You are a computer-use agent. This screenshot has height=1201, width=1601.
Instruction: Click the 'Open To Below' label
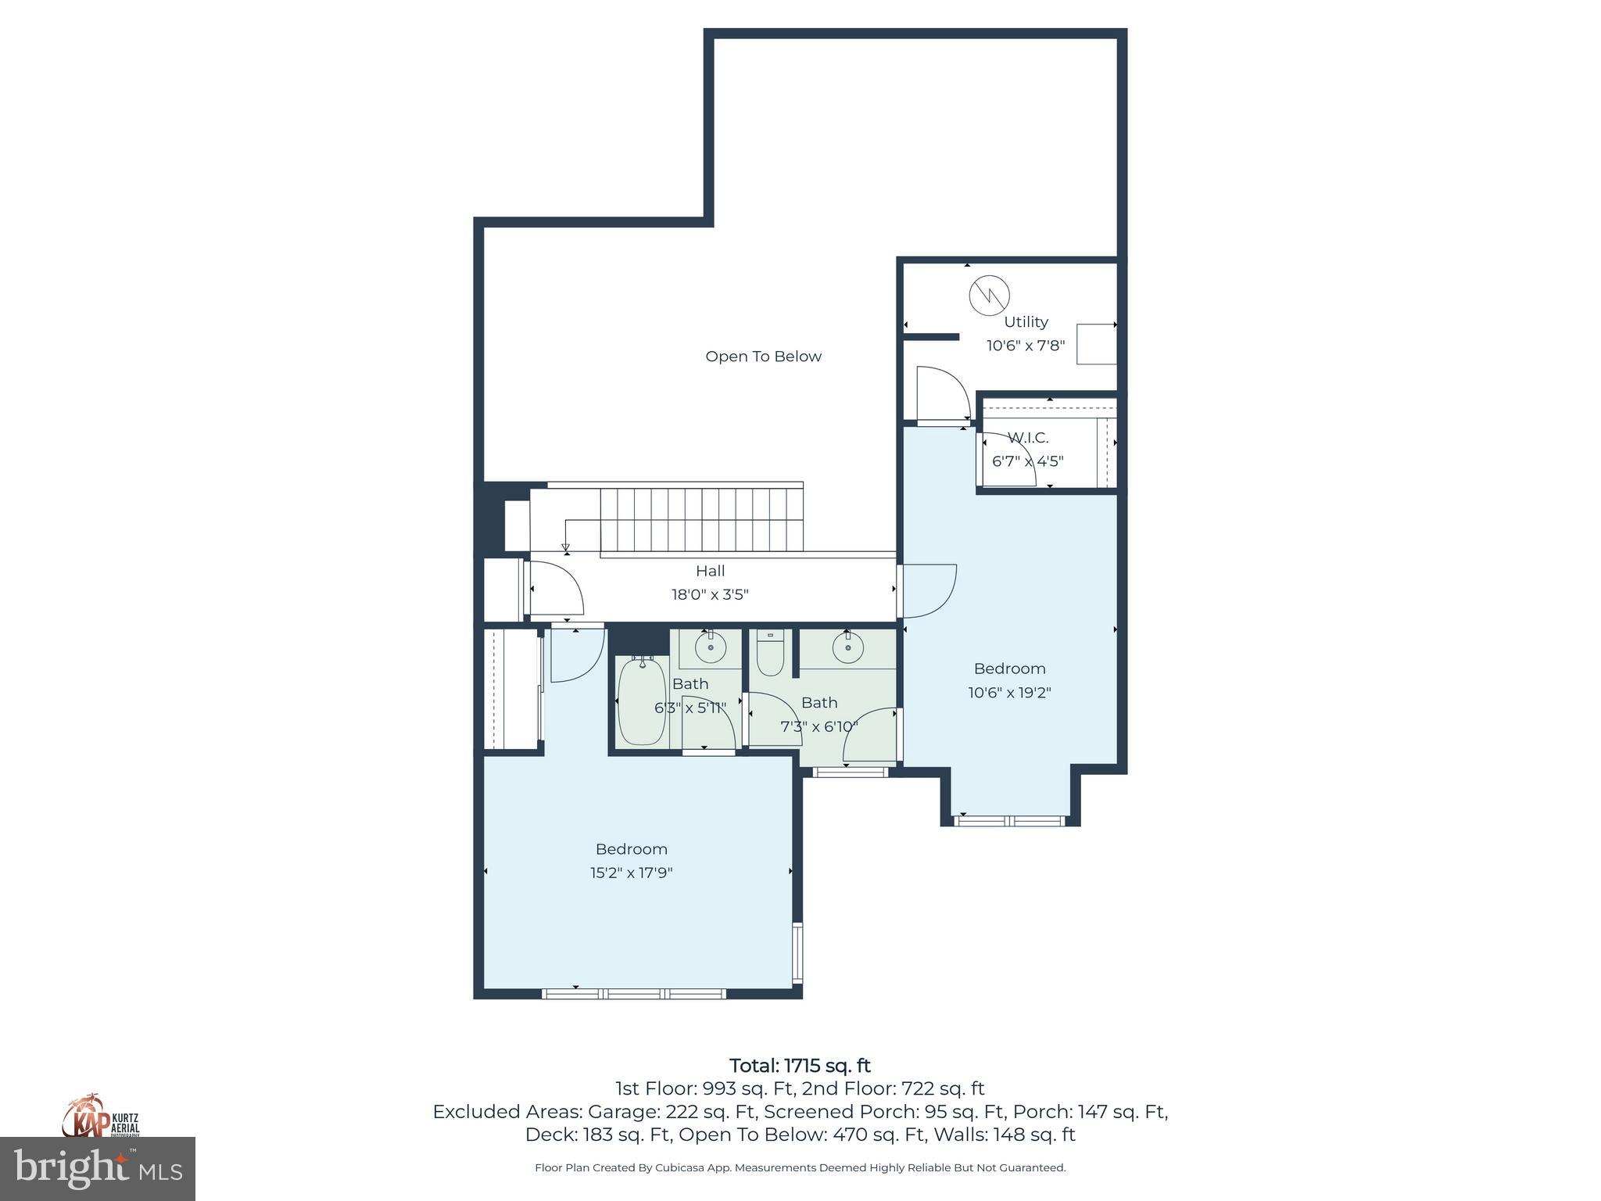click(x=763, y=357)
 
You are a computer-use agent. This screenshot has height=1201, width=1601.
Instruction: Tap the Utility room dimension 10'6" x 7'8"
click(x=1025, y=346)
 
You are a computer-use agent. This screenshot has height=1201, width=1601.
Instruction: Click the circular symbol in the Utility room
click(x=989, y=295)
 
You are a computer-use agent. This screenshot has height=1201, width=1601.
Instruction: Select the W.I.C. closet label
click(x=1027, y=438)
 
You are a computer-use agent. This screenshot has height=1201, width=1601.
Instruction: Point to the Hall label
click(x=710, y=571)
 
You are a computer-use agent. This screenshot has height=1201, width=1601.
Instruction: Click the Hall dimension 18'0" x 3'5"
click(x=710, y=594)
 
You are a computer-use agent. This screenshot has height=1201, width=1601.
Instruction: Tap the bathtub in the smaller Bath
click(x=641, y=701)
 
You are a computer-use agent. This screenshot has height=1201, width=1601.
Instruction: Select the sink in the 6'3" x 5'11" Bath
click(x=710, y=647)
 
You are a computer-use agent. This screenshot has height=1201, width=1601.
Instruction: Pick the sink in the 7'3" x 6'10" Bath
click(x=847, y=647)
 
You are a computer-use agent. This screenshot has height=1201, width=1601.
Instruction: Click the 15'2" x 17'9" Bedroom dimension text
click(x=631, y=873)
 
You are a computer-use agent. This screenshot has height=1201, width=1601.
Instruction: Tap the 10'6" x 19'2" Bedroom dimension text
click(x=1009, y=693)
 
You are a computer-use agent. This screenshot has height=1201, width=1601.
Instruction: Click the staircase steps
click(x=701, y=521)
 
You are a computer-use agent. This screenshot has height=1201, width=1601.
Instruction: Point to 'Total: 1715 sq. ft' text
click(x=800, y=1066)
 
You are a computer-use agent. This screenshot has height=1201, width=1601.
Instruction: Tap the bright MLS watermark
click(x=98, y=1169)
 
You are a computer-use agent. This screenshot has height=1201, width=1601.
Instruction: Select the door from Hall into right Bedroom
click(x=928, y=590)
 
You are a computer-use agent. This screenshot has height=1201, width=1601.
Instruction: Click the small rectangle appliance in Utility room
click(x=1096, y=343)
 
